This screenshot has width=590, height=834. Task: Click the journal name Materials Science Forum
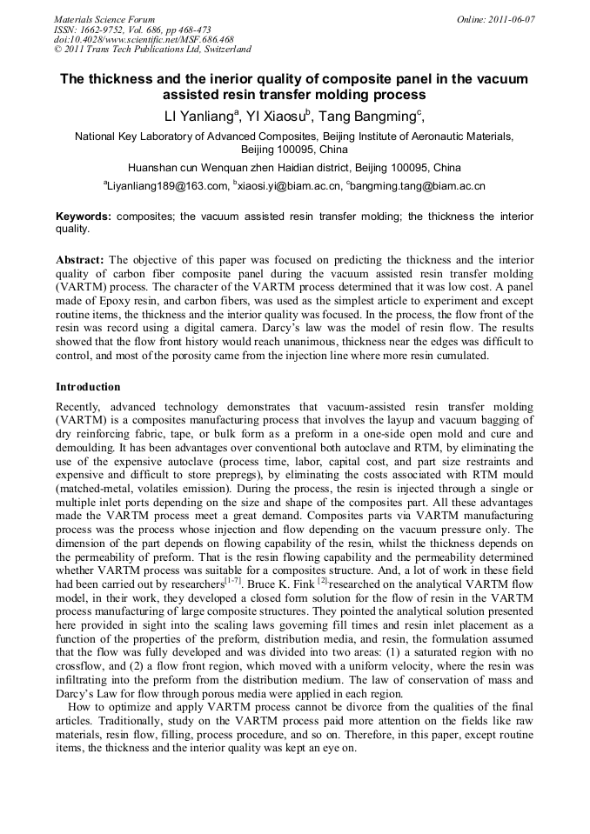(104, 18)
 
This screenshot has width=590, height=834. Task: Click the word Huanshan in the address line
(156, 167)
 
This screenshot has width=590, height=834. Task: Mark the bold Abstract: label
(80, 260)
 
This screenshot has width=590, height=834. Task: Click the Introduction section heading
(88, 386)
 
